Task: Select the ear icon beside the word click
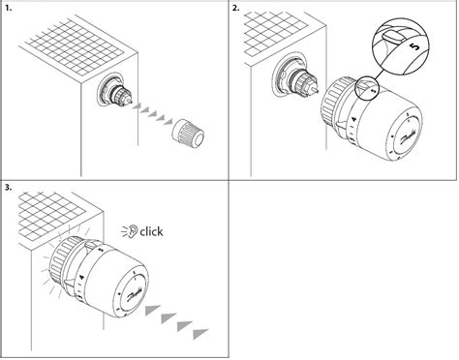(132, 231)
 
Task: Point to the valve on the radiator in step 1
(116, 94)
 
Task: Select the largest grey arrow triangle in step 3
(200, 334)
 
